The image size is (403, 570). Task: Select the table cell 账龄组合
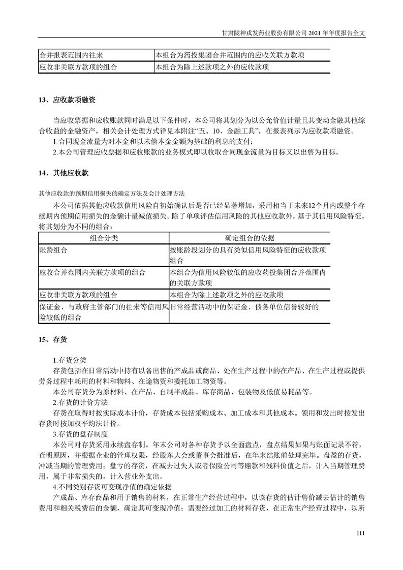tap(53, 250)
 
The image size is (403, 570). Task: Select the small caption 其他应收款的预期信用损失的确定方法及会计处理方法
tap(112, 194)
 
